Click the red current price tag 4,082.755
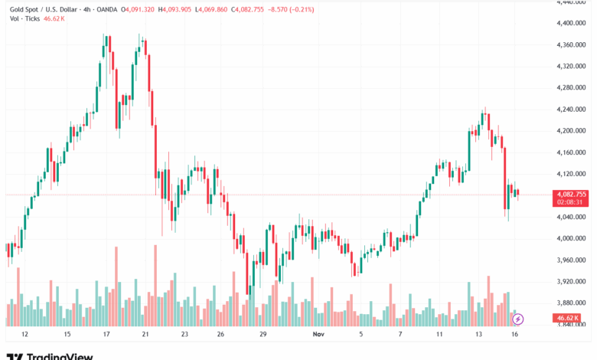pyautogui.click(x=570, y=195)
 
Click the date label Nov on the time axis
pyautogui.click(x=318, y=335)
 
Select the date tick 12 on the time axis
pyautogui.click(x=24, y=335)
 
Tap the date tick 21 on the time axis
pyautogui.click(x=145, y=335)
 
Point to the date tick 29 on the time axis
pyautogui.click(x=263, y=335)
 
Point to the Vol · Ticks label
pyautogui.click(x=23, y=19)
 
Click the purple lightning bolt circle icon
pyautogui.click(x=517, y=318)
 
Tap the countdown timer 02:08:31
pyautogui.click(x=570, y=202)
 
